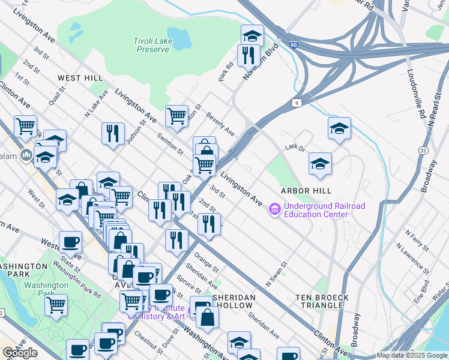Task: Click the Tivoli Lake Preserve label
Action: click(x=151, y=45)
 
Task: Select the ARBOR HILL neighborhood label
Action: click(x=306, y=191)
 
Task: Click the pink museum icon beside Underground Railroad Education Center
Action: click(x=275, y=209)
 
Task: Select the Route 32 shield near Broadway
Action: click(x=423, y=149)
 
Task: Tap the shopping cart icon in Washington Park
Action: click(x=56, y=305)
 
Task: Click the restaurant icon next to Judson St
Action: click(x=112, y=134)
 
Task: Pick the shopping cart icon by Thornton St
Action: click(x=176, y=116)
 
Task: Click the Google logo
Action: click(x=20, y=353)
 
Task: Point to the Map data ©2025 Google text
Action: click(x=411, y=355)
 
